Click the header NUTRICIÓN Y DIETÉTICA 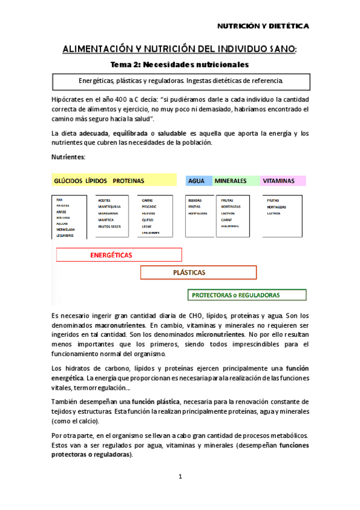(x=262, y=26)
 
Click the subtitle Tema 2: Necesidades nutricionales (x=180, y=64)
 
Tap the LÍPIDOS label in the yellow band (x=97, y=180)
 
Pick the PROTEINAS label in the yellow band (x=129, y=180)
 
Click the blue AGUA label (x=196, y=180)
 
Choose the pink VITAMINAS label (x=278, y=180)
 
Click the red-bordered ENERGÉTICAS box (x=120, y=255)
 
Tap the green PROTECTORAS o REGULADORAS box (x=247, y=295)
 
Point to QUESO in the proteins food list (x=147, y=220)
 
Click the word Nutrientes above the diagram (x=69, y=157)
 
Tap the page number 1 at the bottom (x=180, y=477)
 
